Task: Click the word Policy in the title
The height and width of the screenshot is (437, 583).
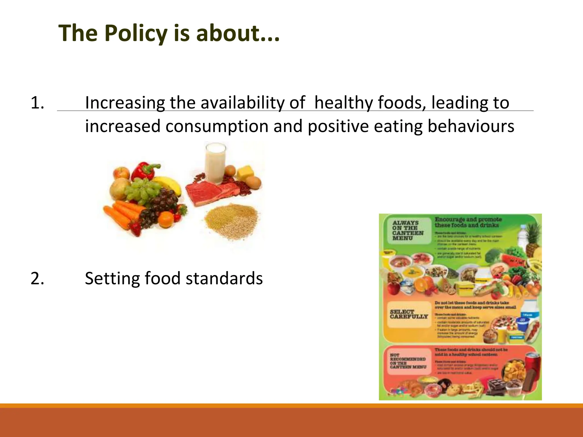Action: coord(136,33)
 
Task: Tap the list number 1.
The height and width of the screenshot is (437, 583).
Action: coord(37,103)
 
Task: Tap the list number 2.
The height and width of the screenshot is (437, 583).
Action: coord(37,278)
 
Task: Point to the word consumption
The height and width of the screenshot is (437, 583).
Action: coord(217,126)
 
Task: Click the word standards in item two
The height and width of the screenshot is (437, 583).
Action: coord(224,278)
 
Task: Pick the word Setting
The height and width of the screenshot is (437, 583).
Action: coord(112,278)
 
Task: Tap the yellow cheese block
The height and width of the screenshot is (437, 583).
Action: coord(245,172)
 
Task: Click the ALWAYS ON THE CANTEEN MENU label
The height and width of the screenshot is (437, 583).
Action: coord(408,230)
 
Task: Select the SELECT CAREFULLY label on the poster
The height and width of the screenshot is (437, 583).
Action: coord(409,314)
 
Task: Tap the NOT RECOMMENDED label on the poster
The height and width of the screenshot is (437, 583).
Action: coord(408,361)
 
